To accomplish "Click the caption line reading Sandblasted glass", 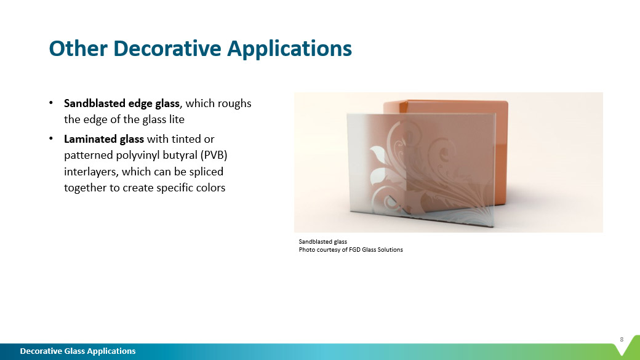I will click(x=319, y=242).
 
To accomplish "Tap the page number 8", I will click(x=622, y=339).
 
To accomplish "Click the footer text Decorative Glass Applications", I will click(x=78, y=351).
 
